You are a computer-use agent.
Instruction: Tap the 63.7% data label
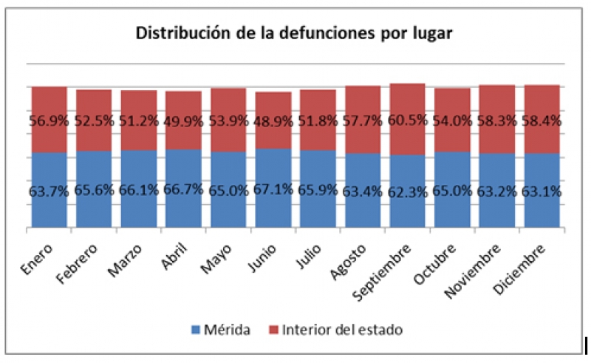[49, 191]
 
